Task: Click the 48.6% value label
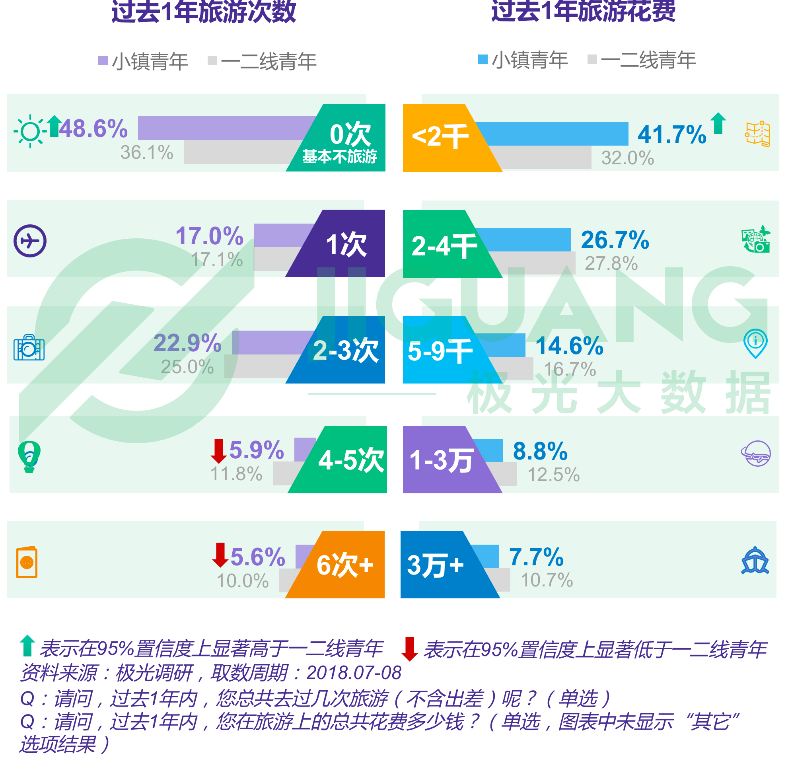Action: [x=93, y=129]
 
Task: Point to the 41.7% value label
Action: [x=672, y=134]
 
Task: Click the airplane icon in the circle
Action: [x=30, y=241]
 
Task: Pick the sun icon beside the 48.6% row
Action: [x=30, y=131]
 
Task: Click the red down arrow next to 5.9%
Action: [x=218, y=451]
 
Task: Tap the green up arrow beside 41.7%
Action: [x=718, y=123]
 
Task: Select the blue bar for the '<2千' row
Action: [x=551, y=134]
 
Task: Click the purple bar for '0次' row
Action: [x=227, y=128]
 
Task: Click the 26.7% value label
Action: [x=615, y=240]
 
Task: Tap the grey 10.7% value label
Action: [x=547, y=580]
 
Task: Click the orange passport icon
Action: [x=27, y=562]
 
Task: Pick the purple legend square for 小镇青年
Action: [x=103, y=60]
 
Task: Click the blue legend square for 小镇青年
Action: [x=483, y=59]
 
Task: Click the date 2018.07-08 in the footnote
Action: [x=354, y=673]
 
